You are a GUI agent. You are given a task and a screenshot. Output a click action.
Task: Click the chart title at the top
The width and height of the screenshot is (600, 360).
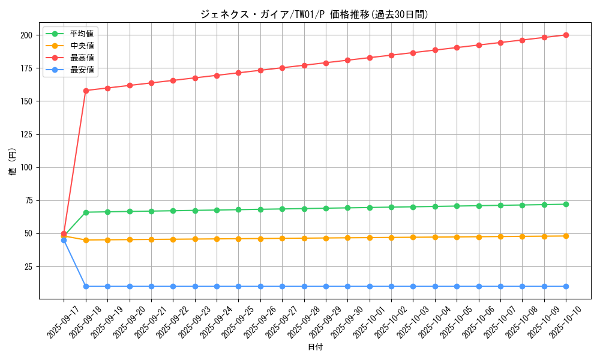(314, 14)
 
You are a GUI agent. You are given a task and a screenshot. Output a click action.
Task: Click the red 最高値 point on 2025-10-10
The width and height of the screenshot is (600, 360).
(566, 35)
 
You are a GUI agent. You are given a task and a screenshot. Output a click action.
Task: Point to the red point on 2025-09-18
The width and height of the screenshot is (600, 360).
(86, 91)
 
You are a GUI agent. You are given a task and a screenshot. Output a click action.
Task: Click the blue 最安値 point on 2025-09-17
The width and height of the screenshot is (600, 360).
(64, 240)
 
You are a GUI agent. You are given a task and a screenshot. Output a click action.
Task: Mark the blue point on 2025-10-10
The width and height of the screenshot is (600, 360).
(566, 286)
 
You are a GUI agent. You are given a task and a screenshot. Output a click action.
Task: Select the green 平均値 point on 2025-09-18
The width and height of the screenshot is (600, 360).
(86, 212)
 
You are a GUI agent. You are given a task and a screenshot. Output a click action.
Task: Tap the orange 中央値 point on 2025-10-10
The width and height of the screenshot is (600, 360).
(566, 236)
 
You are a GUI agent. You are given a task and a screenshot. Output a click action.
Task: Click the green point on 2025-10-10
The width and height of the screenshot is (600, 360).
(566, 204)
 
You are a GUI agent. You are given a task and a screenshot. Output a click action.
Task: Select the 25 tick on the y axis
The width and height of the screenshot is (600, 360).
(28, 266)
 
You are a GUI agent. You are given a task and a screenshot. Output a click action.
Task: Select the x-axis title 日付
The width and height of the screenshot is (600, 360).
(315, 347)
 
